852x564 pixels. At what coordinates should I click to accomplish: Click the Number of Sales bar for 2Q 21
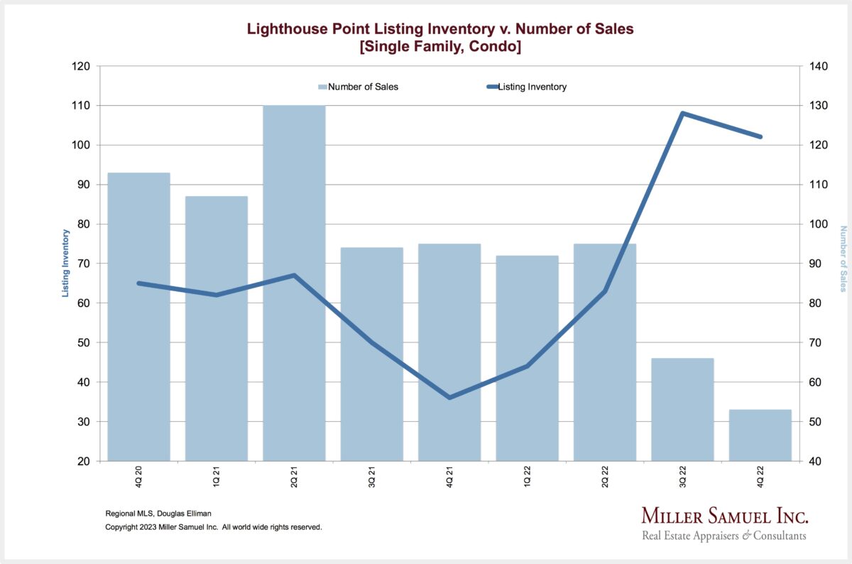[294, 284]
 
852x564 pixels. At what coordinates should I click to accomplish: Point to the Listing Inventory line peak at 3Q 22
[682, 113]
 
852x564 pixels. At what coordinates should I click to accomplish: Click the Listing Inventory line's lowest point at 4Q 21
[449, 397]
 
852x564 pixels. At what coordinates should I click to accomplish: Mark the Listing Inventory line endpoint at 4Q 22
[760, 136]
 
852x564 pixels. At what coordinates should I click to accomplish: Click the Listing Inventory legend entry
[532, 87]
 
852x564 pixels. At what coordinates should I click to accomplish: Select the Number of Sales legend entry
[363, 87]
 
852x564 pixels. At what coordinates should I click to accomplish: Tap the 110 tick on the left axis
[81, 106]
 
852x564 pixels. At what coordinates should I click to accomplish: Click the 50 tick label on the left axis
[84, 342]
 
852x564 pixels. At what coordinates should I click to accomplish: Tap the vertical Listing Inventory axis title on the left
[65, 263]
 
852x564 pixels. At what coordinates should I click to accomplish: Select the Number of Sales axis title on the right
[843, 259]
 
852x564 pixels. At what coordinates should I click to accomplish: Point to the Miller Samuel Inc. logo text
[724, 516]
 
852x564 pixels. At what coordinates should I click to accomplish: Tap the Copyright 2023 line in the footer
[214, 527]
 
